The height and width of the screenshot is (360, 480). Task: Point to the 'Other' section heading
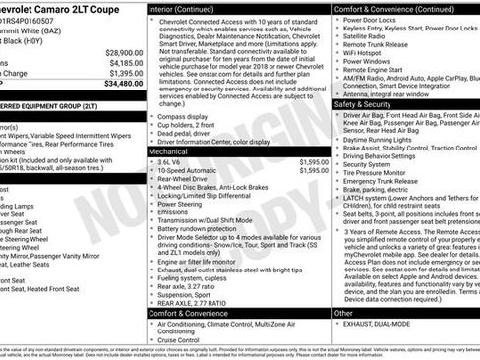coord(344,312)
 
